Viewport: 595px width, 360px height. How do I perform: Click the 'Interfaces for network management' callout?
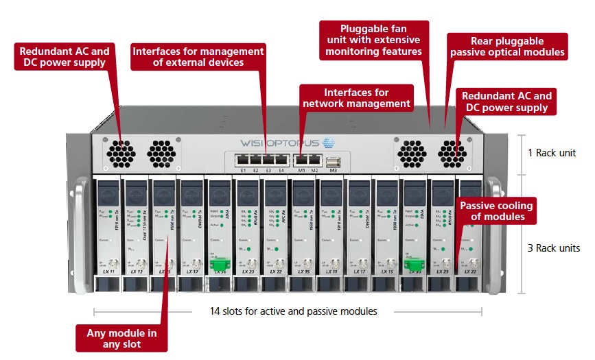pos(357,98)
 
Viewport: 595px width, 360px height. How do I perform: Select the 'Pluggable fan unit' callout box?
pos(374,40)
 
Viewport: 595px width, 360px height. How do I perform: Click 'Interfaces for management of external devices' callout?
pos(198,56)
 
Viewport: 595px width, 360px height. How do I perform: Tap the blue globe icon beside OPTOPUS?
pos(328,143)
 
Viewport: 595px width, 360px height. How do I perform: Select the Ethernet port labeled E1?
pos(242,160)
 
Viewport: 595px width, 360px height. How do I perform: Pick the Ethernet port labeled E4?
pos(281,160)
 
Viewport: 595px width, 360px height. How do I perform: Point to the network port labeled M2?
pos(315,160)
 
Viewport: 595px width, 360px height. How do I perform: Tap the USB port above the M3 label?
pos(334,163)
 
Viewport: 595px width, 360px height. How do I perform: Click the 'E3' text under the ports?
pos(268,170)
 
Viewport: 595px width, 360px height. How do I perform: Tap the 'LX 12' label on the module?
pos(135,272)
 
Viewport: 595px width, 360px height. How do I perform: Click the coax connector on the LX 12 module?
pos(135,263)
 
